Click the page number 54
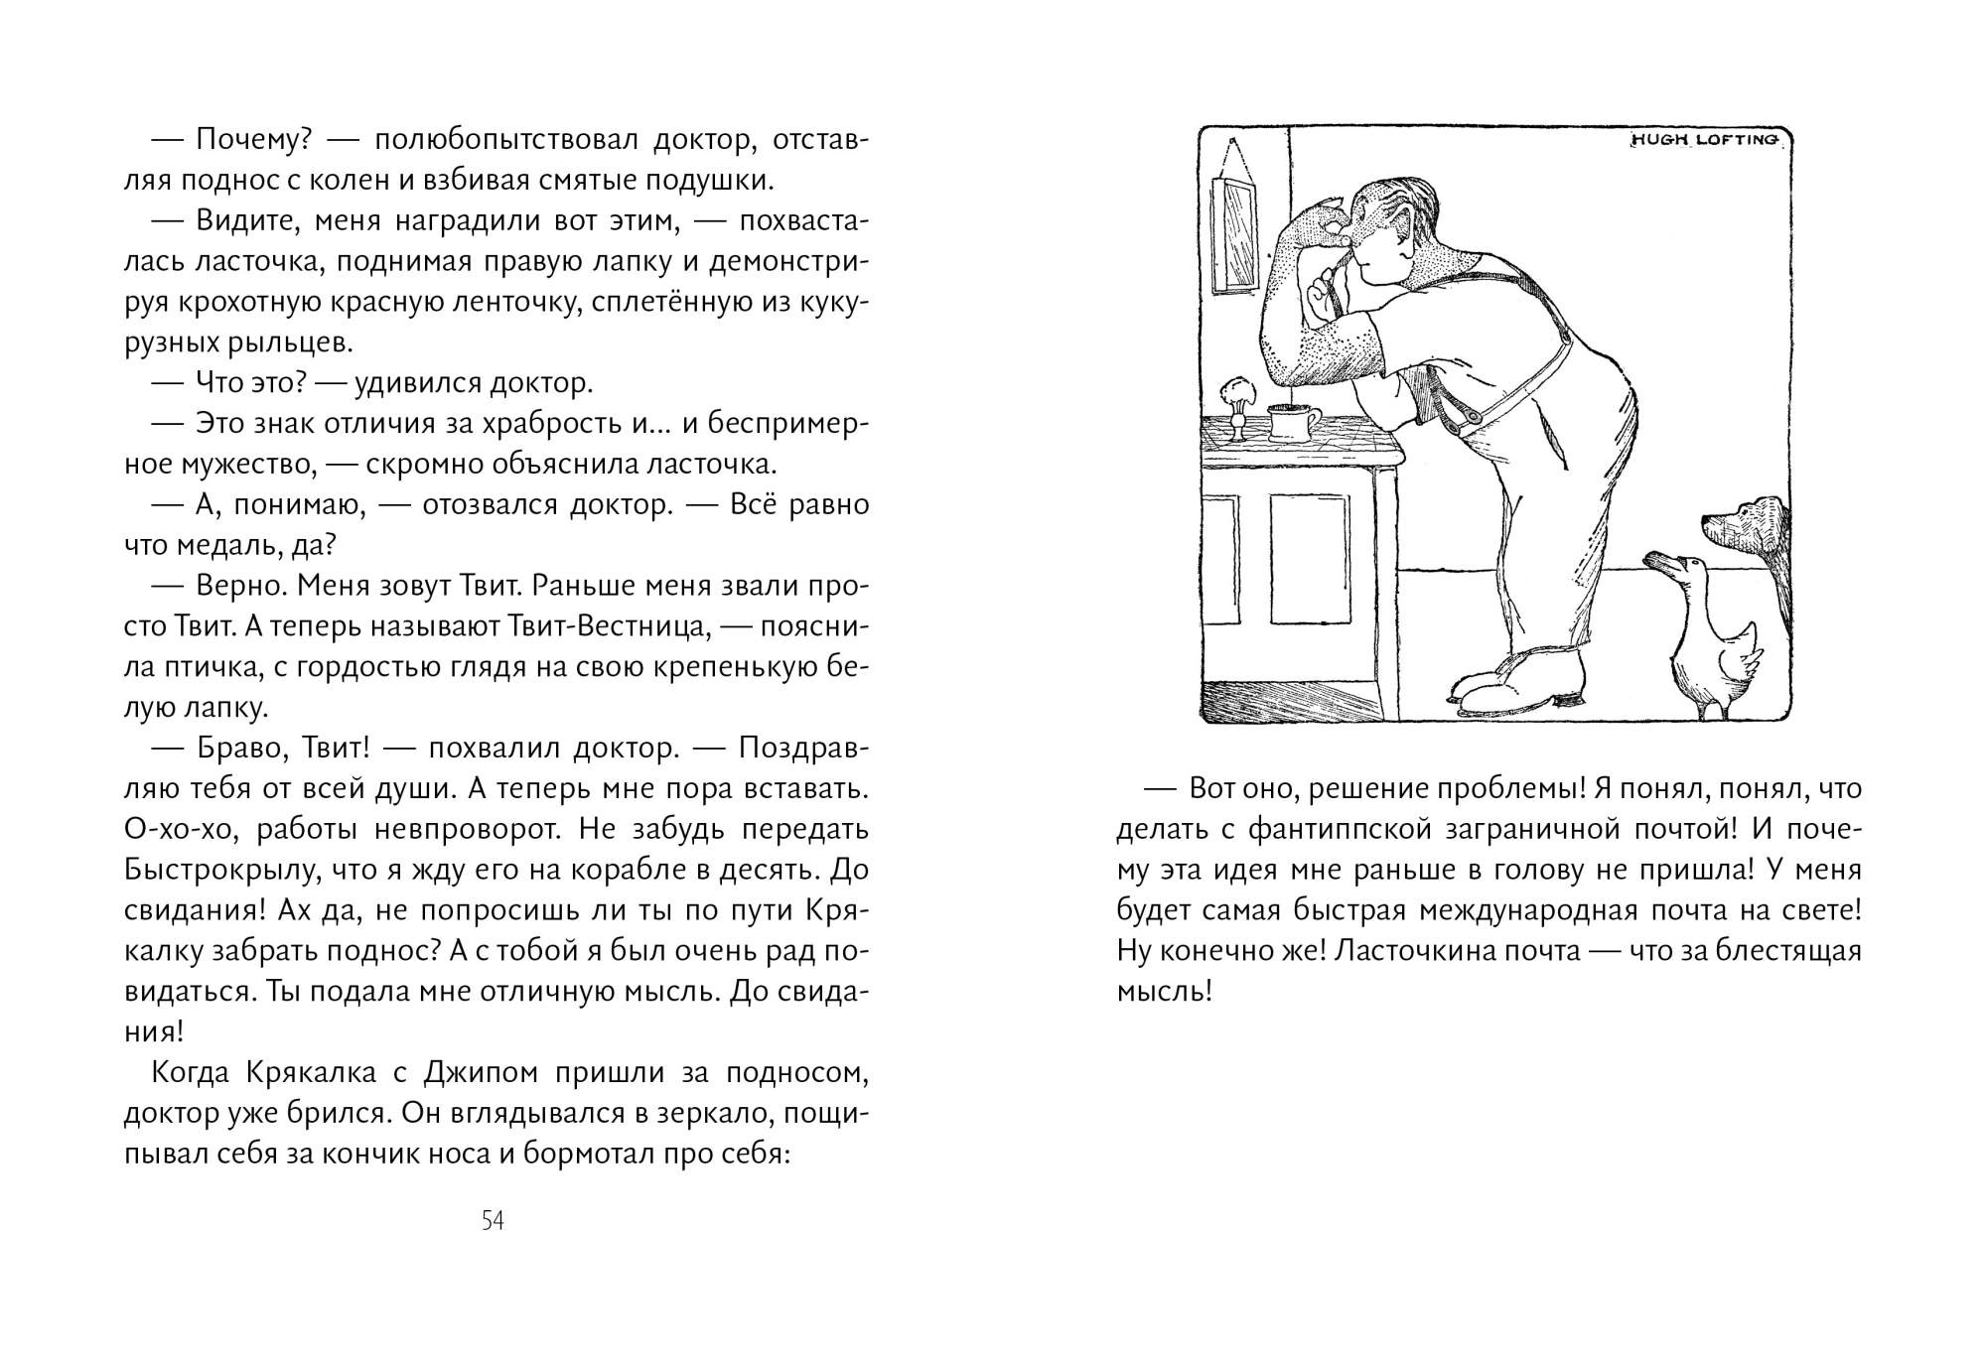point(493,1221)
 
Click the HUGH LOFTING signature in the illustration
point(1706,141)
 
